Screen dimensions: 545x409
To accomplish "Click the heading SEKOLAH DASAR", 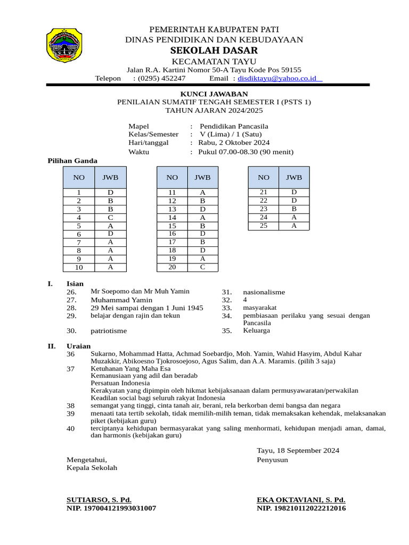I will coord(214,51).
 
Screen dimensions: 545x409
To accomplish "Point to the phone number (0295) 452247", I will coord(162,78).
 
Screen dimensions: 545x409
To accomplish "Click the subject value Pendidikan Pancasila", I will coord(234,126).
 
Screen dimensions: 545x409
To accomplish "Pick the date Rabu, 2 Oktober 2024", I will coord(234,143).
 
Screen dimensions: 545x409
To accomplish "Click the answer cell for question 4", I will coord(110,218).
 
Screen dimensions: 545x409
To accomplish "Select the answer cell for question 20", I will coord(202,267).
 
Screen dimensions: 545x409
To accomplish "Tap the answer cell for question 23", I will coord(293,209).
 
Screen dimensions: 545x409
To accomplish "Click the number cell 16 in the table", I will coord(172,234).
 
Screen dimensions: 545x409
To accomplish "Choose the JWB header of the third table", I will coord(293,177).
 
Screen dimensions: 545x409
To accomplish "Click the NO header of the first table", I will coord(79,177).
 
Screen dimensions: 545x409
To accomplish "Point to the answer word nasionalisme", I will coord(264,292).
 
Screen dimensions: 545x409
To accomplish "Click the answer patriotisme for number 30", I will coord(109,331).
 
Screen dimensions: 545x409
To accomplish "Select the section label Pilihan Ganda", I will coord(72,161).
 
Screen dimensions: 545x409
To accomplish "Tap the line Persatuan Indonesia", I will coord(120,383).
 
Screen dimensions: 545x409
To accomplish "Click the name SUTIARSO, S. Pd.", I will coord(99,500).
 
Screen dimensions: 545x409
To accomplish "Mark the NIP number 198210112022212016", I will coord(301,508).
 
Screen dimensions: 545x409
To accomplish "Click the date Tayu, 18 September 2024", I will coord(298,450).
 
